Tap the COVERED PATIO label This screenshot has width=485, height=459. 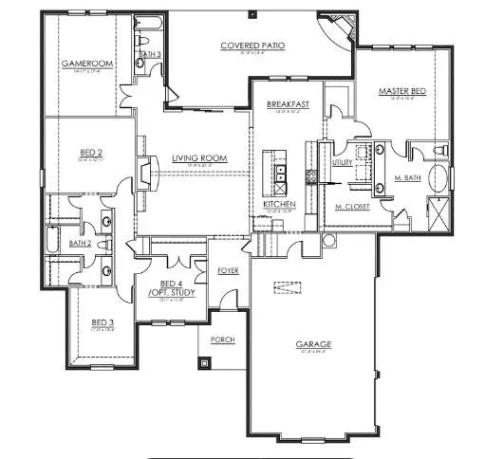(252, 46)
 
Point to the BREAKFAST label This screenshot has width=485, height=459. (285, 105)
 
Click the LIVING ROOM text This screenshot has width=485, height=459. (197, 158)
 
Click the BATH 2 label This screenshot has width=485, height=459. (79, 244)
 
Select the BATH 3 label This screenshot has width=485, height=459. (148, 55)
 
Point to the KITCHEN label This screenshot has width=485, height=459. (279, 205)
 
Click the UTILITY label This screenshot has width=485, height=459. (342, 163)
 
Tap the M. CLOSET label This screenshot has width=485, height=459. (351, 206)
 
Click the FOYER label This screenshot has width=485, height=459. (228, 270)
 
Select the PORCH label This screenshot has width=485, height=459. (222, 340)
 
